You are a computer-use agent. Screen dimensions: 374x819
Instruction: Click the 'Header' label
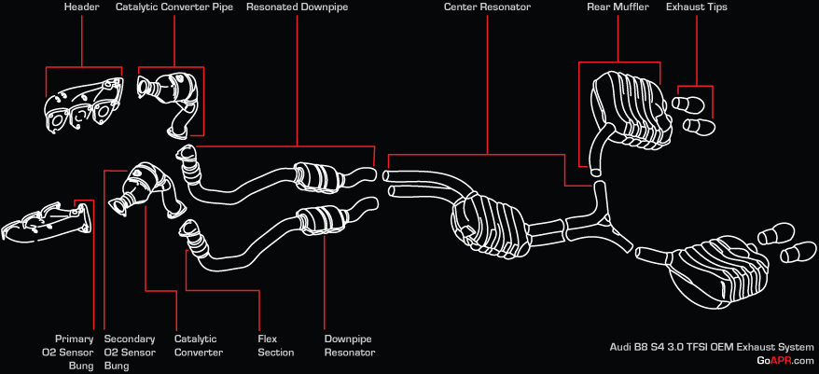click(82, 7)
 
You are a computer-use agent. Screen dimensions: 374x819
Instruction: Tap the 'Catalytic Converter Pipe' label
click(174, 7)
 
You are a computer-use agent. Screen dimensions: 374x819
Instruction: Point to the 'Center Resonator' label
click(488, 7)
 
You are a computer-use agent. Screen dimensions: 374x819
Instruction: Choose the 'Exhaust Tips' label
click(696, 7)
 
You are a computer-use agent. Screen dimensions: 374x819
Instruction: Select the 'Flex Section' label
click(275, 346)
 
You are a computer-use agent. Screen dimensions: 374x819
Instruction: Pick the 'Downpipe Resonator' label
click(350, 346)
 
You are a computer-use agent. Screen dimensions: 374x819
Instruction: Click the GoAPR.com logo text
click(785, 361)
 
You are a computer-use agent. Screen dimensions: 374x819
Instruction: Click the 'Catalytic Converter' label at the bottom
click(199, 346)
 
